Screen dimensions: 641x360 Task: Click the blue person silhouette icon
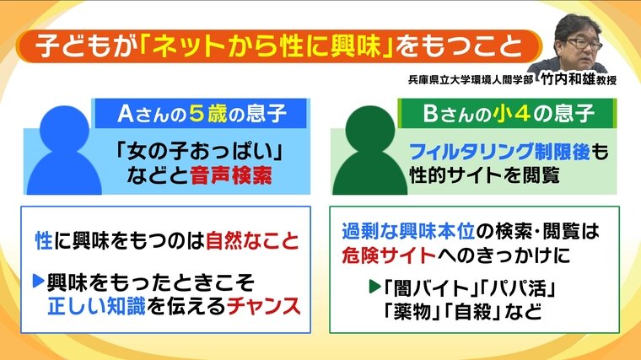coord(64,150)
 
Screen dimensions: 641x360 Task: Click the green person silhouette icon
coord(370,150)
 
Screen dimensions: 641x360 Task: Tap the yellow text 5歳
coord(207,114)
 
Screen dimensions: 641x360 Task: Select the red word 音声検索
coord(231,175)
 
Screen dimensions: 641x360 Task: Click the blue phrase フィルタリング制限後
coord(499,152)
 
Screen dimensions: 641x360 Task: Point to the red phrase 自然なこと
coord(252,240)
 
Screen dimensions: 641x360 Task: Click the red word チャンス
coord(263,306)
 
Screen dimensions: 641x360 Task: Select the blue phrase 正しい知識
coord(96,306)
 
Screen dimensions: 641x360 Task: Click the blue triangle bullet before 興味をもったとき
coord(39,281)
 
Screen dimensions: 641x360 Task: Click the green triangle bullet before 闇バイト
coord(374,287)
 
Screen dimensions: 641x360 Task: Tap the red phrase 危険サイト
coord(389,255)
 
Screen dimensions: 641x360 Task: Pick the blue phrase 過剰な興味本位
coord(408,231)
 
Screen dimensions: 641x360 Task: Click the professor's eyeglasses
coord(584,43)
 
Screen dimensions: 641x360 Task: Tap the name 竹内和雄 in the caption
coord(568,78)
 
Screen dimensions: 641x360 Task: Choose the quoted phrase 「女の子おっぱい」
coord(199,152)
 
